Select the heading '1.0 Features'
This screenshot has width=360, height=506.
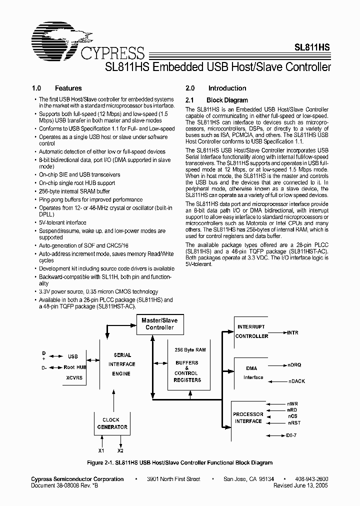(56, 88)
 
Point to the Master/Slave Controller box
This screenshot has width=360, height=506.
(159, 324)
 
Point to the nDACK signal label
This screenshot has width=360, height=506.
(297, 381)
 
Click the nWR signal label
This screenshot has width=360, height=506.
(293, 403)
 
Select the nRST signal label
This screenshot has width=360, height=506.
(294, 422)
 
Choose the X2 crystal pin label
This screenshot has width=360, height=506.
(120, 450)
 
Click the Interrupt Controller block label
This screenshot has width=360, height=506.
(251, 331)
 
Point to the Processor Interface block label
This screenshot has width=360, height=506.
(248, 417)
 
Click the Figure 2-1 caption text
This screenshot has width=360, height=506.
(179, 462)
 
